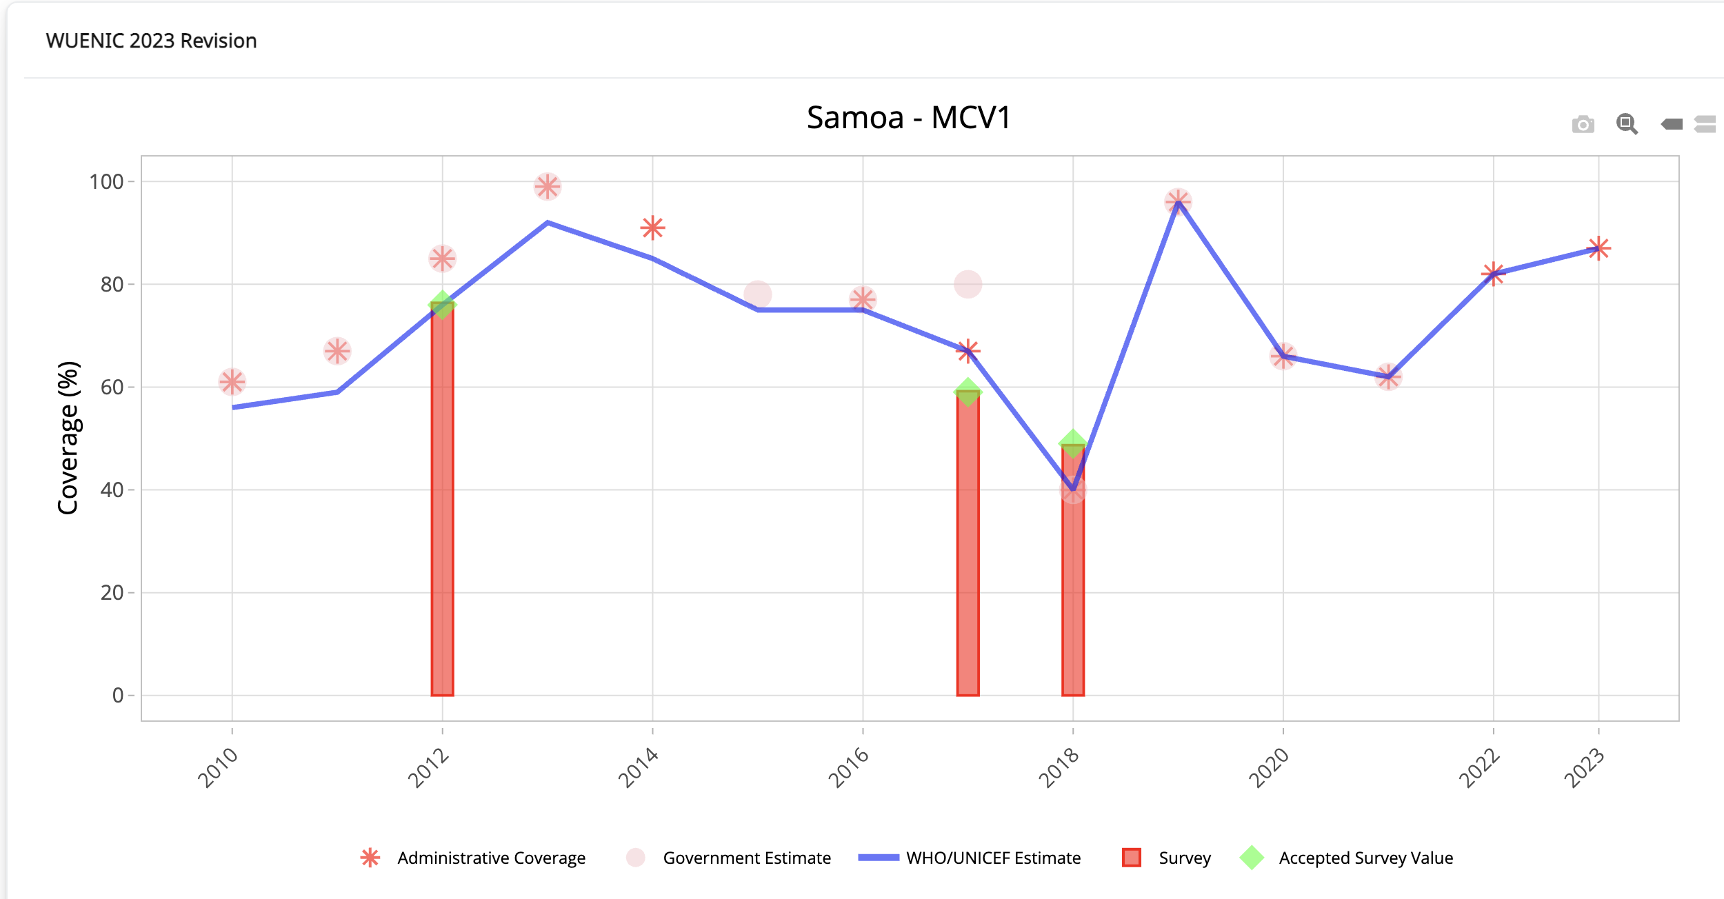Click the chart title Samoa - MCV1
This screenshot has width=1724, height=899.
(x=908, y=118)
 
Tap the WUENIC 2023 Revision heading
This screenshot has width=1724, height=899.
(x=151, y=41)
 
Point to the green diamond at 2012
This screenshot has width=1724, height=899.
(x=442, y=304)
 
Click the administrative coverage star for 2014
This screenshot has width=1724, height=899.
(x=652, y=228)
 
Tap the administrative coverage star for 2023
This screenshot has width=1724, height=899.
(x=1598, y=248)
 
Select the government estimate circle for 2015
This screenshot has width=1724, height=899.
(x=757, y=294)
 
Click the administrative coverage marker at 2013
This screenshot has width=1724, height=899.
(x=548, y=186)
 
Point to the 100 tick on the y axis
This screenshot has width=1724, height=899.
(x=106, y=182)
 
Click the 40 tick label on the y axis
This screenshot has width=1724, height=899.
(x=112, y=490)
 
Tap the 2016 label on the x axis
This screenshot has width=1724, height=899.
(x=848, y=767)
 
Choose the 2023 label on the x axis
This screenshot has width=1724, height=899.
(x=1584, y=767)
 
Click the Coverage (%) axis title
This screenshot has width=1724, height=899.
(x=68, y=438)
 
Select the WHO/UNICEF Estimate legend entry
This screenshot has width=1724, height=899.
(x=993, y=858)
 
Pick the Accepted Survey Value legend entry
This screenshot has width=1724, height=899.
(x=1365, y=858)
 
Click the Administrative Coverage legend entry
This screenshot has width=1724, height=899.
(x=491, y=858)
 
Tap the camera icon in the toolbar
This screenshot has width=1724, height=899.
(x=1583, y=124)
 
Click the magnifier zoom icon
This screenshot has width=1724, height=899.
(x=1627, y=124)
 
